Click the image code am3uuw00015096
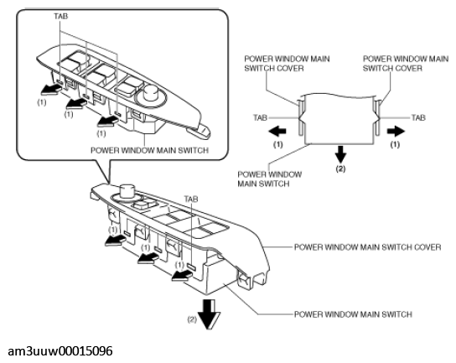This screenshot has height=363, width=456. click(x=60, y=351)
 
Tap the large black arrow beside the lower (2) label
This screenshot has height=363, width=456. click(x=209, y=314)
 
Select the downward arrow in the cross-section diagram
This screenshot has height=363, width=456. click(x=340, y=154)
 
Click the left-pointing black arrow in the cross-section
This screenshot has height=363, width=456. click(x=277, y=132)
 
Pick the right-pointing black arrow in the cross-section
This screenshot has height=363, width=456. click(x=396, y=132)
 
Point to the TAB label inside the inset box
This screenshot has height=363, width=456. click(x=61, y=16)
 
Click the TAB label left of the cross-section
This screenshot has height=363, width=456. click(x=261, y=118)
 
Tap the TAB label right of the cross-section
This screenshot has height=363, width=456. click(x=418, y=118)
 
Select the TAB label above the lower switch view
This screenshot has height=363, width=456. click(x=191, y=199)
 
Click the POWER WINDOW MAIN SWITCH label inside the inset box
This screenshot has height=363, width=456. click(x=150, y=150)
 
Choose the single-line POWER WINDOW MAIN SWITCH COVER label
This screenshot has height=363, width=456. click(x=368, y=247)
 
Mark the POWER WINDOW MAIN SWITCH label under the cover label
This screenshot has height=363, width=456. click(x=353, y=314)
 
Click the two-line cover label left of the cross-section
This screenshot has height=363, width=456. click(x=287, y=64)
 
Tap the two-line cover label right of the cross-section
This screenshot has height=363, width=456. click(x=406, y=64)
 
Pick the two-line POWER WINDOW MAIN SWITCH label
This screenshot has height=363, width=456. click(x=270, y=179)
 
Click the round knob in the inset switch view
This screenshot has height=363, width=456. click(x=151, y=91)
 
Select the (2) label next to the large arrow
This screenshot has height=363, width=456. click(x=192, y=319)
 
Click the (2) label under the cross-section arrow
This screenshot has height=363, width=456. click(x=340, y=169)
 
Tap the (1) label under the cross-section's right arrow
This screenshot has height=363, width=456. click(x=395, y=144)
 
